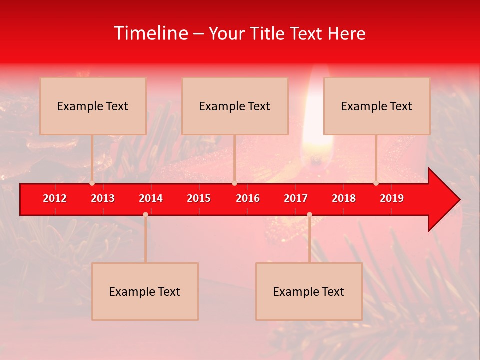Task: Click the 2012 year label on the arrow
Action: point(55,198)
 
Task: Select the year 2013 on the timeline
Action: point(103,198)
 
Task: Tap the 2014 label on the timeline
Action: point(151,198)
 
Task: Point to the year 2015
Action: point(199,198)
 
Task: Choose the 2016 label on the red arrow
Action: point(248,198)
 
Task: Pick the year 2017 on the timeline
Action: point(296,198)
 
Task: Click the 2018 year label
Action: point(344,198)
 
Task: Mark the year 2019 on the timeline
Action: point(392,198)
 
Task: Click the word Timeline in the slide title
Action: point(150,33)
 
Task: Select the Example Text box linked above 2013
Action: point(93,106)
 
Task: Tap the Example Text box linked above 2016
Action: point(235,106)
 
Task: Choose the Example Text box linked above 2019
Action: point(377,106)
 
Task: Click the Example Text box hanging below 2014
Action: point(145,291)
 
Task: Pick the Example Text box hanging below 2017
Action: point(309,291)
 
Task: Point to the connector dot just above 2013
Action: point(92,183)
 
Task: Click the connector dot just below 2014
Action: point(145,214)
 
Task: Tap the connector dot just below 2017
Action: point(309,214)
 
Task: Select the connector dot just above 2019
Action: point(376,183)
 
